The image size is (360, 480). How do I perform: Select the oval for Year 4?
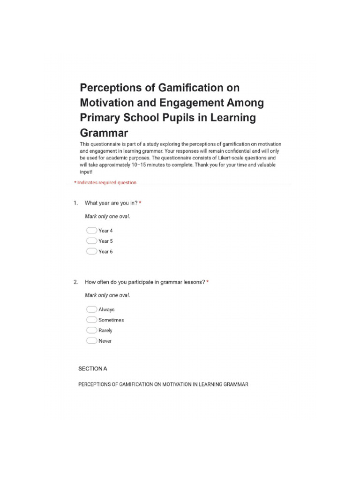tap(91, 231)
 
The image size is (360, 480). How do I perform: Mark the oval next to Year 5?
tap(91, 241)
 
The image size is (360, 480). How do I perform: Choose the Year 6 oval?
tap(91, 251)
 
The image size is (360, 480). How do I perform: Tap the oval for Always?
tap(91, 309)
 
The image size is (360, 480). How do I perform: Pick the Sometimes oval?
tap(91, 320)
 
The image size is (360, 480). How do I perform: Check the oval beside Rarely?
tap(91, 330)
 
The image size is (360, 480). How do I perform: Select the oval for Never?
tap(91, 341)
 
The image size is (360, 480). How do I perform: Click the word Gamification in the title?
tap(191, 88)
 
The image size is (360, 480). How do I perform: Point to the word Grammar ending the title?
tap(104, 132)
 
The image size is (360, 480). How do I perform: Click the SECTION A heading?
tap(92, 369)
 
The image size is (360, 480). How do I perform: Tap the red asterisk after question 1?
tap(140, 203)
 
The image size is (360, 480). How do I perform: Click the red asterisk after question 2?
tap(208, 282)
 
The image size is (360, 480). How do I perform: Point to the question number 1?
tap(75, 203)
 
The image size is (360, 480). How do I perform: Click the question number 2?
tap(75, 282)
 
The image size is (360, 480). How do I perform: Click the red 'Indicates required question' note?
tap(105, 182)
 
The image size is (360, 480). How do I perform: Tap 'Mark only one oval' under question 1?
tap(107, 217)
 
